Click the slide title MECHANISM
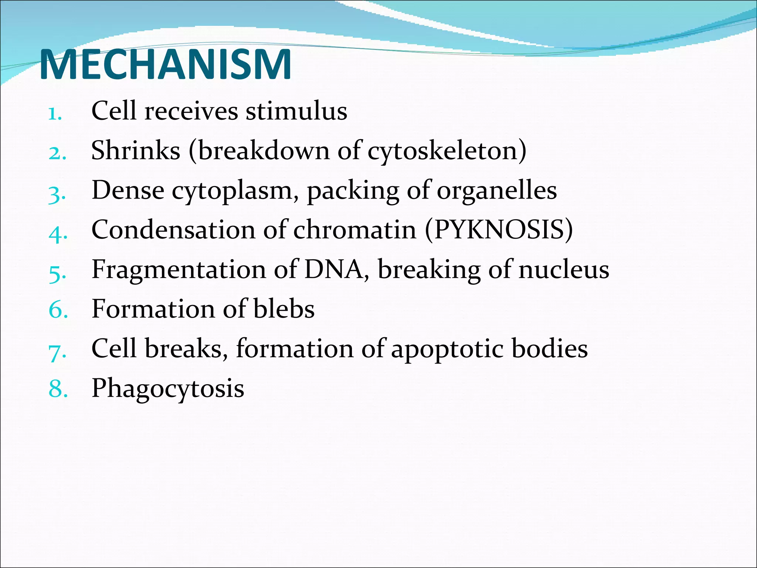tap(165, 65)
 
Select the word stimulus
tap(296, 111)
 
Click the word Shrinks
tap(136, 151)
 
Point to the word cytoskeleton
tap(444, 151)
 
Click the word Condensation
tap(173, 230)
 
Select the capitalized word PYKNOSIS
tap(499, 230)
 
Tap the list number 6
tap(58, 310)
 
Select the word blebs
tap(284, 309)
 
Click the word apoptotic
tap(447, 349)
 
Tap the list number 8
tap(58, 389)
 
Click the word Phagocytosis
tap(168, 389)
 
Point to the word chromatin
tap(355, 230)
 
